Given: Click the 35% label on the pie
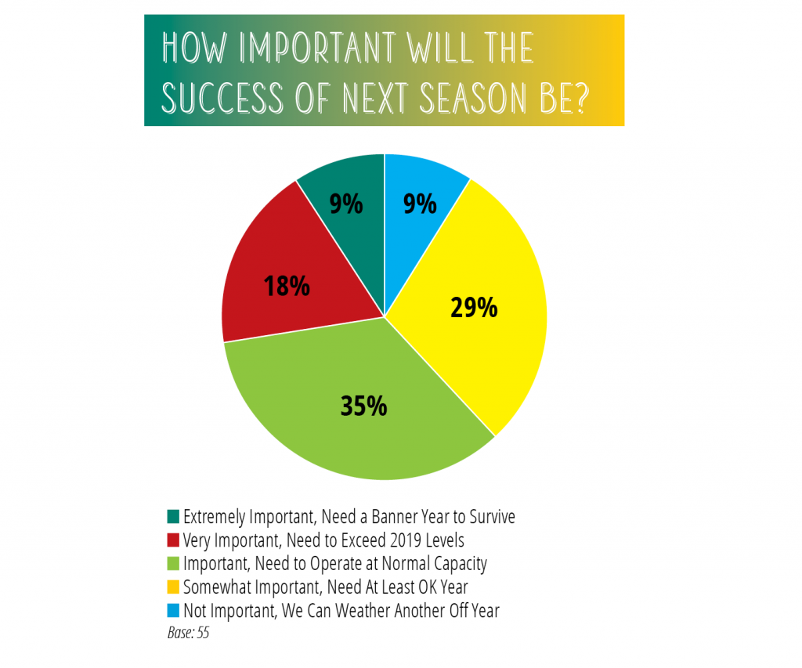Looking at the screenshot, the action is pos(363,406).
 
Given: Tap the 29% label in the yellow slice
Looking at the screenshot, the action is pos(474,308).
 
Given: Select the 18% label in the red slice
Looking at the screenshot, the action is pos(287,285).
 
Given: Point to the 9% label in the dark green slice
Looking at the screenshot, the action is pos(345,204).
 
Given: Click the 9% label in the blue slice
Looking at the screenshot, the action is pos(420,204).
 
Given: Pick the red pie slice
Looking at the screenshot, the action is pos(302,271).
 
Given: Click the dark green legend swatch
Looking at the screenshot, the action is pos(173,517).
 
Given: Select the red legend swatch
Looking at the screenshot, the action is pos(173,540).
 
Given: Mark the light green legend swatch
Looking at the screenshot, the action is pos(173,564).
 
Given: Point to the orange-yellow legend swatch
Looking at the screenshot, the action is pos(173,587).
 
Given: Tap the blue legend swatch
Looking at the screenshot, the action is pos(173,611).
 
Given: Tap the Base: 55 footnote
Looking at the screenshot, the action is pos(188,633).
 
